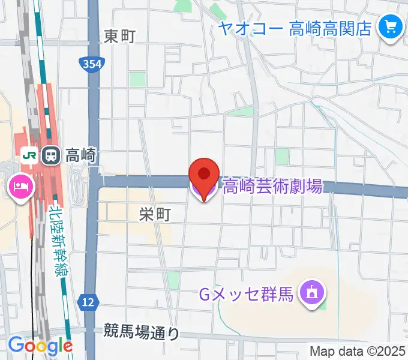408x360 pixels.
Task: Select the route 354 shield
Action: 91,63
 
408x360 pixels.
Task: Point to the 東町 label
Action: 120,37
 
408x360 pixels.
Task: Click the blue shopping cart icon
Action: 391,27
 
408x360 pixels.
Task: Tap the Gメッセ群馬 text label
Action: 246,295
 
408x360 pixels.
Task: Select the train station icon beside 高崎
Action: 50,155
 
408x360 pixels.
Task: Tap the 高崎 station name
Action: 80,155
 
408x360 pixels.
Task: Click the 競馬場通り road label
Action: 141,331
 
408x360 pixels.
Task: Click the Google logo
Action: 40,346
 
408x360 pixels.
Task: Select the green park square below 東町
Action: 137,79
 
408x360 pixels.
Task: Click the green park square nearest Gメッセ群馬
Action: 323,305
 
